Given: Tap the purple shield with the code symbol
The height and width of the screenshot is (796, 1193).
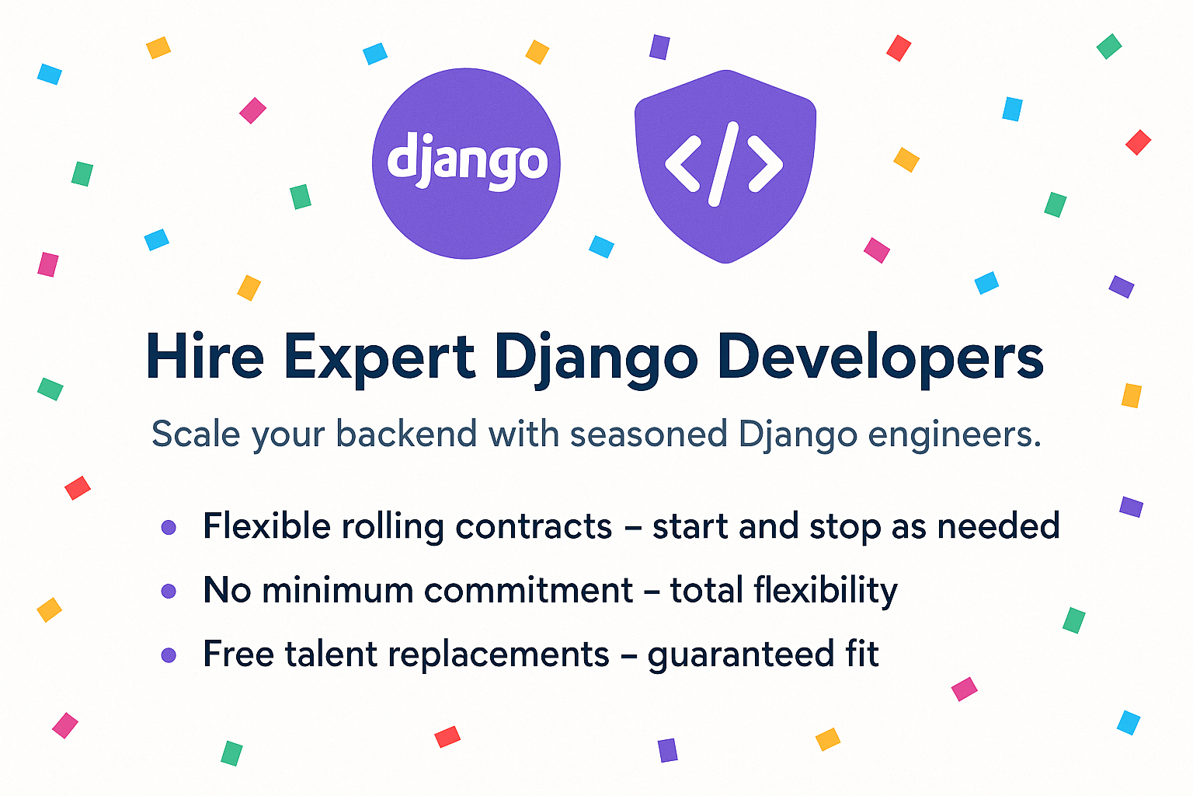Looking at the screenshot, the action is click(x=725, y=166).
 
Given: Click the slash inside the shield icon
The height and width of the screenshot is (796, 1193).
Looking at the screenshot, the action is click(x=723, y=164).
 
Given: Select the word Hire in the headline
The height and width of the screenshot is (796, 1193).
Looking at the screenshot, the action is click(x=205, y=355).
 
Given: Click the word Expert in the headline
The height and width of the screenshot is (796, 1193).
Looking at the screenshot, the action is click(x=379, y=359).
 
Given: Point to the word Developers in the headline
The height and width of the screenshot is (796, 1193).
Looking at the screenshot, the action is click(x=880, y=359).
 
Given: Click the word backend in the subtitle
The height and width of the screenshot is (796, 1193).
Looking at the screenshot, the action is click(x=406, y=434).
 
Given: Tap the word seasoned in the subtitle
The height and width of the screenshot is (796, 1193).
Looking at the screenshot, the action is click(x=649, y=435).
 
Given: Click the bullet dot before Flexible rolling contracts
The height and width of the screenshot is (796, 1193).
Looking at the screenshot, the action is click(x=169, y=527).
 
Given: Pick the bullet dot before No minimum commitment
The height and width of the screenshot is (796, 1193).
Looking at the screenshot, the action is click(x=169, y=591).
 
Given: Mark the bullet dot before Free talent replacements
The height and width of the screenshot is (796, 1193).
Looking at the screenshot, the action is click(x=169, y=655).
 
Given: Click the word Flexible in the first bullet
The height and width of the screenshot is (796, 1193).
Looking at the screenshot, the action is click(x=267, y=525).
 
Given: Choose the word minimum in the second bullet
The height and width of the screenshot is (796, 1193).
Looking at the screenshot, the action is click(x=338, y=591).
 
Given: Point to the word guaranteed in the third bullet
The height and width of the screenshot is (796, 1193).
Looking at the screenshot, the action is click(x=741, y=655).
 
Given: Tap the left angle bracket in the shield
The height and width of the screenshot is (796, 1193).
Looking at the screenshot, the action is click(x=682, y=164).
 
